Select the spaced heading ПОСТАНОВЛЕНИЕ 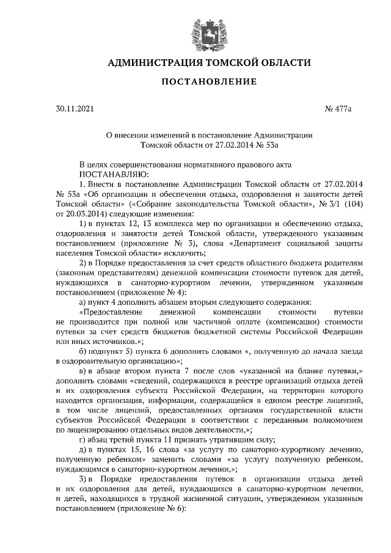[200, 82]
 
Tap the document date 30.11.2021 [75, 109]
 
